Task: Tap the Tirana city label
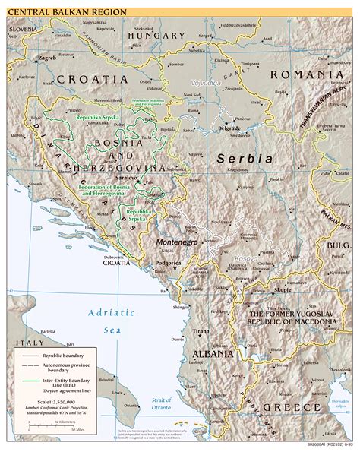click(201, 332)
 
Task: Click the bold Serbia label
click(244, 158)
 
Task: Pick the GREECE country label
click(292, 408)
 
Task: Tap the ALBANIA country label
click(213, 354)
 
